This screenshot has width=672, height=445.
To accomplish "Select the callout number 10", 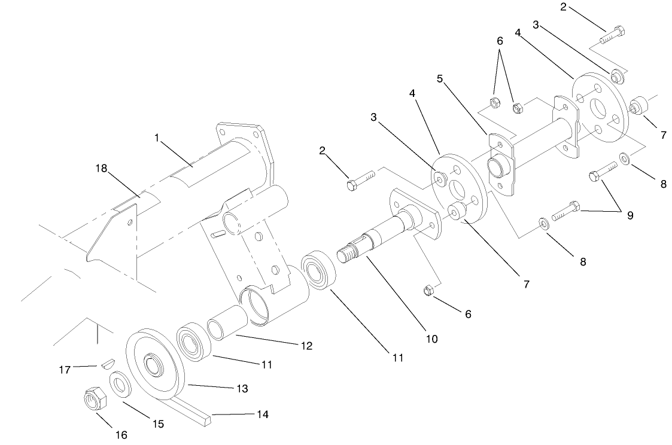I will coord(431,339).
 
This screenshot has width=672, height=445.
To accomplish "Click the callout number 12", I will coord(306,346).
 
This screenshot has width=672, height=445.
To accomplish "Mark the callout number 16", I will coord(121,435).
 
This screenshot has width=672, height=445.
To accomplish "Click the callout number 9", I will coord(630,215).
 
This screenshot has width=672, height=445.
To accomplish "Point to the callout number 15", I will coord(158,424).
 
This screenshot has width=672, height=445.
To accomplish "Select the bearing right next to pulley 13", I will coord(192,342).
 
